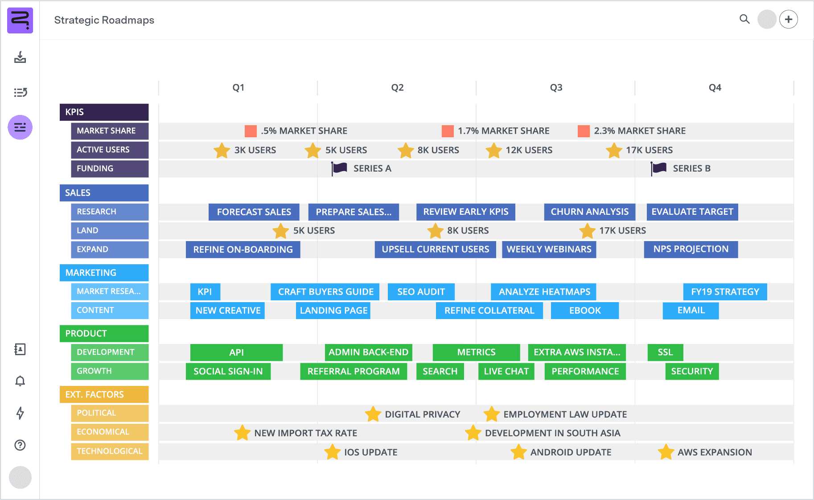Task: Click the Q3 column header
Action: (x=556, y=87)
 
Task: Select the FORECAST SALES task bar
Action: (x=254, y=212)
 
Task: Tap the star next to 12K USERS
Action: (x=494, y=150)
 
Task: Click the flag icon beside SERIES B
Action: (x=658, y=168)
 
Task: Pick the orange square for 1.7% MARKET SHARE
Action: (x=448, y=131)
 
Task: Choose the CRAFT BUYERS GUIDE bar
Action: (x=325, y=292)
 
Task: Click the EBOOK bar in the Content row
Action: (x=584, y=311)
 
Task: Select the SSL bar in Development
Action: (x=665, y=352)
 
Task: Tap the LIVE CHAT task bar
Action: (x=506, y=371)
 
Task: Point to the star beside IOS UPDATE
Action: (x=333, y=452)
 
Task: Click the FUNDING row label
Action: (x=110, y=168)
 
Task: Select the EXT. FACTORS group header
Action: (x=104, y=394)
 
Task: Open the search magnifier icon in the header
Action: (x=744, y=19)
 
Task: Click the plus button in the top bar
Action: (x=789, y=19)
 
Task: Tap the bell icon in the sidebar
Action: (x=20, y=381)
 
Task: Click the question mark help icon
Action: (x=20, y=445)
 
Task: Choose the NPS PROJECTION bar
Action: (x=691, y=250)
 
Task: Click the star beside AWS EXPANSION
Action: (x=666, y=452)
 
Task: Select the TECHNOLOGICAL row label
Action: (x=110, y=451)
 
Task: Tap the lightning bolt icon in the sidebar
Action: (x=20, y=413)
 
